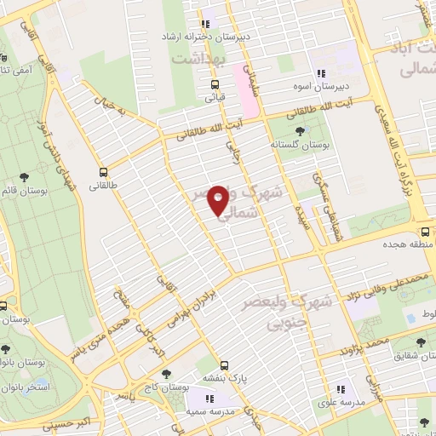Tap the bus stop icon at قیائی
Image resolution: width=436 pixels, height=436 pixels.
[214, 84]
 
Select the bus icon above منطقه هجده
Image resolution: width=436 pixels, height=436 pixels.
[425, 231]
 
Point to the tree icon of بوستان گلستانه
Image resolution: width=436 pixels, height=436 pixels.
[299, 131]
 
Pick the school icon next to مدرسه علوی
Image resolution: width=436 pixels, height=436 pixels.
[340, 388]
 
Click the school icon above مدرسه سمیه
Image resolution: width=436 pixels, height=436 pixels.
[210, 398]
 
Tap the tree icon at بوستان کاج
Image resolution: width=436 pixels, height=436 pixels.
[166, 374]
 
